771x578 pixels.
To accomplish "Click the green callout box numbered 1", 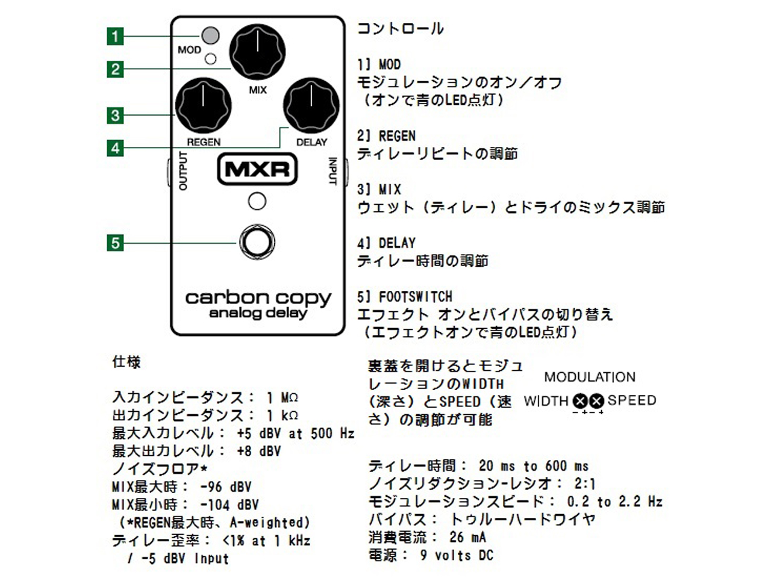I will click(x=115, y=36).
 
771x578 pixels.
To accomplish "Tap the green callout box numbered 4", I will click(x=115, y=148).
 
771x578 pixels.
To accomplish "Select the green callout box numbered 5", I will click(x=115, y=243).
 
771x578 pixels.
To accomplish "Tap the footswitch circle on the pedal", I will click(x=257, y=242).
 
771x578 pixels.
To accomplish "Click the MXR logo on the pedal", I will click(x=257, y=169).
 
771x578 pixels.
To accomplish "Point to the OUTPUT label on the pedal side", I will click(x=183, y=171).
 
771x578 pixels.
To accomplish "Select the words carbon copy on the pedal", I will click(x=258, y=298).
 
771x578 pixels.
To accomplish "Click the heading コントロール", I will click(x=401, y=28).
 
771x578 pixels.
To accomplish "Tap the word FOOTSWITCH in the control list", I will click(x=415, y=296).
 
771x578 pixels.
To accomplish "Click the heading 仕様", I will click(x=126, y=362).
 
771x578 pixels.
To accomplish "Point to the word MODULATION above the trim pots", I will click(x=590, y=378).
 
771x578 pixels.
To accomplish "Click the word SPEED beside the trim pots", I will click(x=632, y=400).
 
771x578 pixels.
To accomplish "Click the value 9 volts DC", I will click(x=456, y=555).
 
